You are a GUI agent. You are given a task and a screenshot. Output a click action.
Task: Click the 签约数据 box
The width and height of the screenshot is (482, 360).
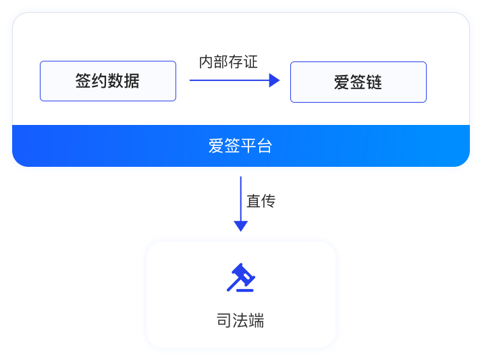[x=108, y=81]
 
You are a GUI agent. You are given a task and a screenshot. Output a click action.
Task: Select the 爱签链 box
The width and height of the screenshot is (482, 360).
[x=358, y=82]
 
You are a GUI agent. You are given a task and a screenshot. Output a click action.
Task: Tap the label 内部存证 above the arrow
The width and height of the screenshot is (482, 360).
[x=228, y=62]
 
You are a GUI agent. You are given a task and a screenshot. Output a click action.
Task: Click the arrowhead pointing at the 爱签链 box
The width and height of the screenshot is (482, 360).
[x=274, y=80]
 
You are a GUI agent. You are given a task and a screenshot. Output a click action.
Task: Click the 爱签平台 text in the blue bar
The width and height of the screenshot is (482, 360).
[x=240, y=145]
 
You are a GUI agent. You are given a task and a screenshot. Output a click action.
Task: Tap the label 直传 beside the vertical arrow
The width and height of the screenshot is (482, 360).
[x=261, y=201]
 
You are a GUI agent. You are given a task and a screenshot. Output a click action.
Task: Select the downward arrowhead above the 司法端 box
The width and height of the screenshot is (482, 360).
[x=240, y=226]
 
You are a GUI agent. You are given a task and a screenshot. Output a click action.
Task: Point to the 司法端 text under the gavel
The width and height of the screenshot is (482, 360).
[x=240, y=320]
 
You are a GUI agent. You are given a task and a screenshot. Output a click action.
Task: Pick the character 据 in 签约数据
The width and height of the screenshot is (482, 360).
[x=132, y=81]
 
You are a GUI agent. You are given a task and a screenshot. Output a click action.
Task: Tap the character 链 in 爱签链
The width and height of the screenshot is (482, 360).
[x=375, y=82]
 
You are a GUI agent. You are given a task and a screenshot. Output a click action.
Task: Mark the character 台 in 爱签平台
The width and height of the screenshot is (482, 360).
[x=264, y=145]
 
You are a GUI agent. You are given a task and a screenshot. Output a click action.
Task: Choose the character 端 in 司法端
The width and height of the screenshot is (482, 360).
[x=256, y=320]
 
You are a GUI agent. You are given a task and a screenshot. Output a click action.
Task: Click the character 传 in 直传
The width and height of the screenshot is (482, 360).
[x=268, y=201]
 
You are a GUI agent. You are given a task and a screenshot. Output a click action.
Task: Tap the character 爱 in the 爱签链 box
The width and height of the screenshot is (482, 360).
[x=342, y=82]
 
